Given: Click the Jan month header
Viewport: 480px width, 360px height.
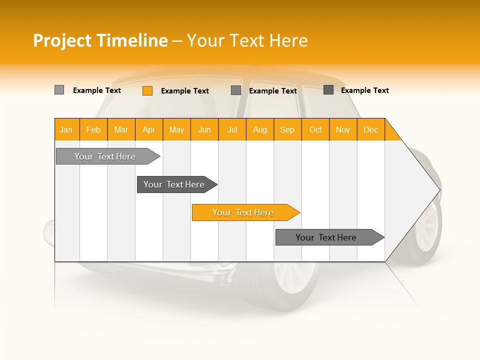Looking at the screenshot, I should click(66, 129).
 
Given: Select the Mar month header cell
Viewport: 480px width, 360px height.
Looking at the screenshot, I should click(121, 129).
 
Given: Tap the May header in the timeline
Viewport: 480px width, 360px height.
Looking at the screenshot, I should click(176, 129).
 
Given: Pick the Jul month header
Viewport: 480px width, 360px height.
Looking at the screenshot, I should click(232, 129).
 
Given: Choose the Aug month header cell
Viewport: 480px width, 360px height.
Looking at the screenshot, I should click(259, 129).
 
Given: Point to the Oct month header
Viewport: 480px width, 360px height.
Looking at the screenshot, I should click(315, 129).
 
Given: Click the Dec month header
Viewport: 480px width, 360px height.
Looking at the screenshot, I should click(370, 129).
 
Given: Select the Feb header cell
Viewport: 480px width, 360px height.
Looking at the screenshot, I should click(93, 129).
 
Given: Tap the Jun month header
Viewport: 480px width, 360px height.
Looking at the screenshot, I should click(204, 129).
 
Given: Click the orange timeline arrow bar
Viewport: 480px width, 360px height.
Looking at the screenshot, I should click(245, 212).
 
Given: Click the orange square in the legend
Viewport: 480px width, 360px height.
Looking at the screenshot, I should click(147, 90).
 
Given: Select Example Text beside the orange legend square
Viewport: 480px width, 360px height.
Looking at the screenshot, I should click(184, 90).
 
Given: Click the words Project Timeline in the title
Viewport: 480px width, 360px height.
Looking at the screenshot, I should click(100, 40).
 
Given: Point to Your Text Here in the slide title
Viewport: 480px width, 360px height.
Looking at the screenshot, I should click(247, 40).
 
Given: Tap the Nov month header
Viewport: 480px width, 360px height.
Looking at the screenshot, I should click(342, 129).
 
